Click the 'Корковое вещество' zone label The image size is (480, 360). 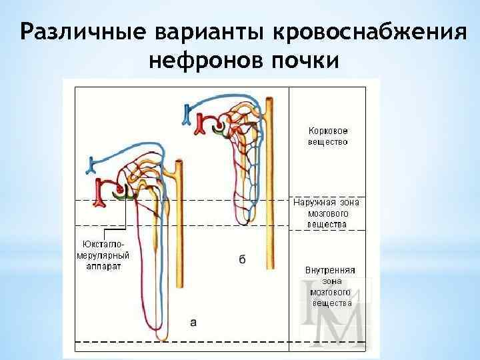[327, 136]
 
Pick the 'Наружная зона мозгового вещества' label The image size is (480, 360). [327, 213]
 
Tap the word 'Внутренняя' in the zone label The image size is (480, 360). [329, 270]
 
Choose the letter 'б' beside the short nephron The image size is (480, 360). [241, 259]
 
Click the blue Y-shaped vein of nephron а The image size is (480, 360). [94, 162]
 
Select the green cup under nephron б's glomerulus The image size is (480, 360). [220, 133]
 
